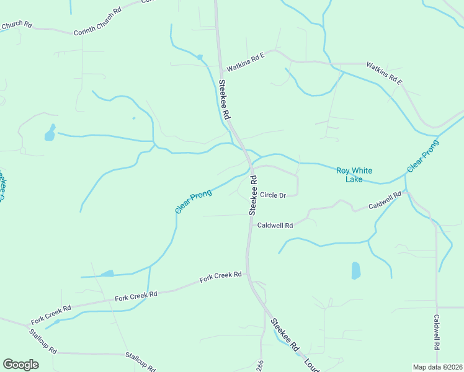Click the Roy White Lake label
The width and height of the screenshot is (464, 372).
coord(349,175)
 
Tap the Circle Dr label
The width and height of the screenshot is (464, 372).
coord(272,195)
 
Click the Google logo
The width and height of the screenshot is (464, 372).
coord(20,365)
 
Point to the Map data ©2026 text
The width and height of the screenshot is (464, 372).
coord(437,367)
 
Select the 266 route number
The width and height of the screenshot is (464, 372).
coord(260,366)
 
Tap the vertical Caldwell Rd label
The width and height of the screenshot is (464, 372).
coord(437,332)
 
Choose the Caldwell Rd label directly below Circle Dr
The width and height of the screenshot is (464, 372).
coord(275,226)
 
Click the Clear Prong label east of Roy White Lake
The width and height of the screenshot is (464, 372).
coord(423,156)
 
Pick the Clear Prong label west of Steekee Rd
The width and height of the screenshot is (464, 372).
coord(194,202)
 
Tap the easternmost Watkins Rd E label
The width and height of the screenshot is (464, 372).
coord(384,73)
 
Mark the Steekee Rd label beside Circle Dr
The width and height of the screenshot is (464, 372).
coord(252,195)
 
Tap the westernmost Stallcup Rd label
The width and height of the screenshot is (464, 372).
coord(42,342)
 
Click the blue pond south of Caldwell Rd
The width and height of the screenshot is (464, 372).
coord(355,270)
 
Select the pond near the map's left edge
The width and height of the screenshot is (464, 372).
coord(50,133)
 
